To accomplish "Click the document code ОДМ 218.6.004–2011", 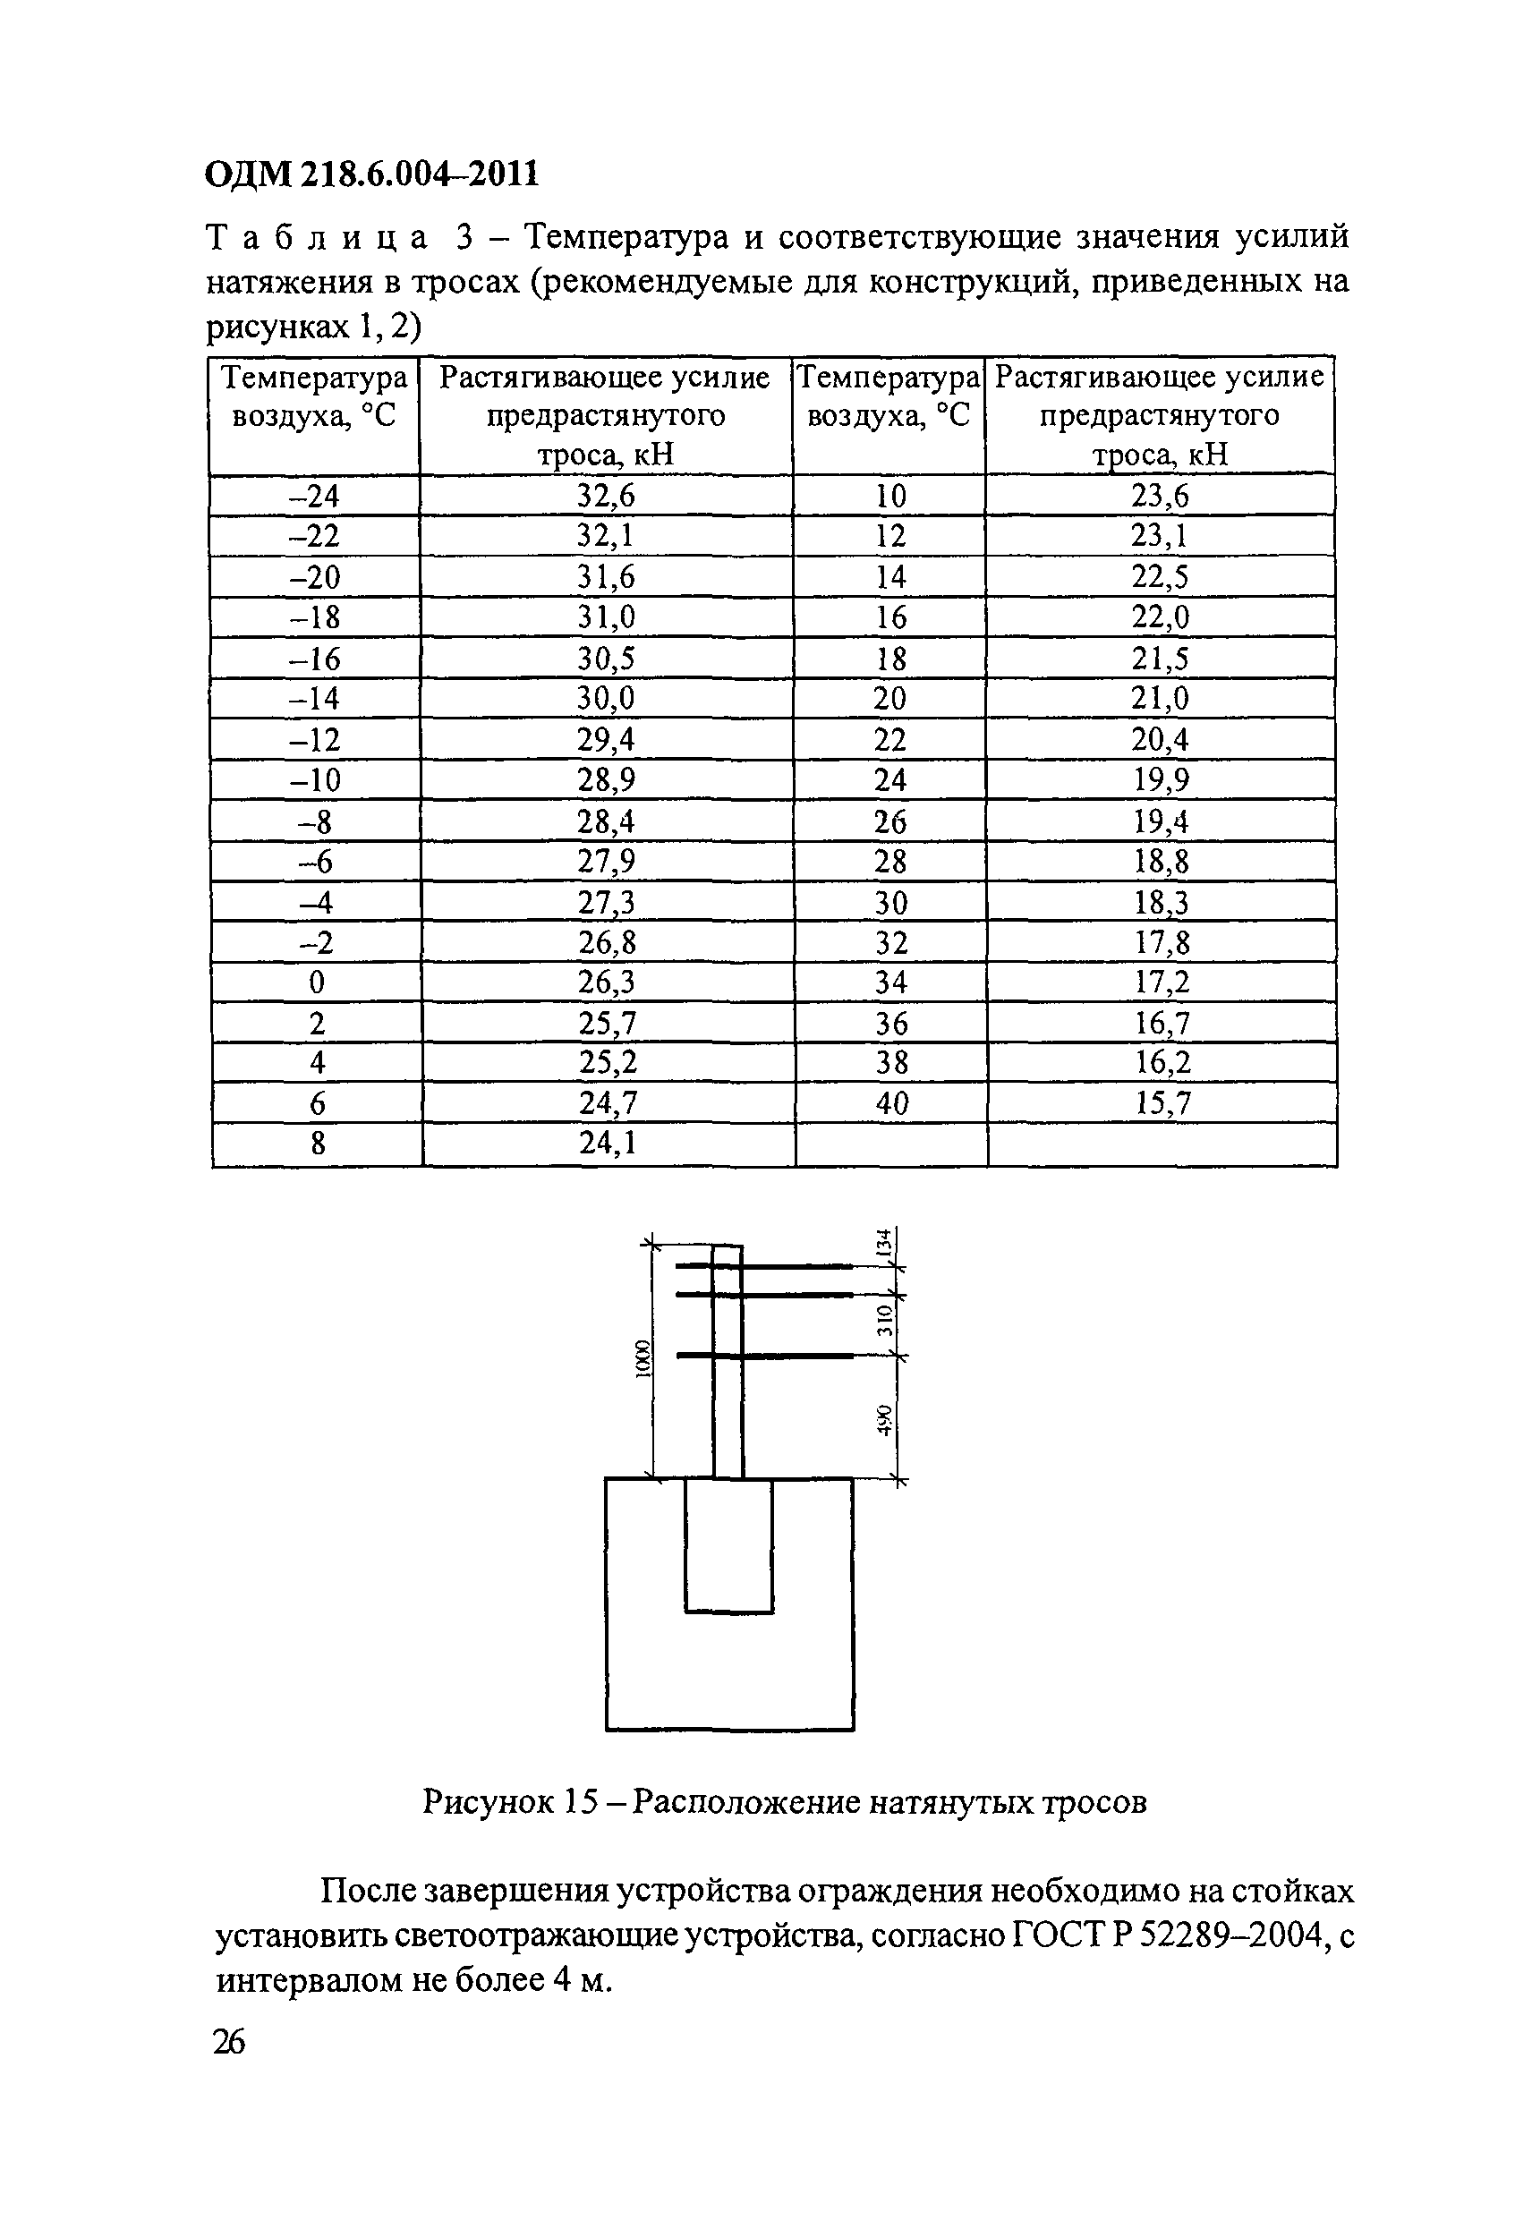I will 372,174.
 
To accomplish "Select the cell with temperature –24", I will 314,495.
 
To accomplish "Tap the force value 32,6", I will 606,495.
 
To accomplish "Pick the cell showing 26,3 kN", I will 607,982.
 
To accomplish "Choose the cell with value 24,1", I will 607,1144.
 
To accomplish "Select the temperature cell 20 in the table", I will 889,698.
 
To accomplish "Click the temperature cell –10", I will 314,779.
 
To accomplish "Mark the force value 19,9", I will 1161,779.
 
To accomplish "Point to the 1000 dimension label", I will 643,1359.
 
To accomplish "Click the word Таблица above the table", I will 317,237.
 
